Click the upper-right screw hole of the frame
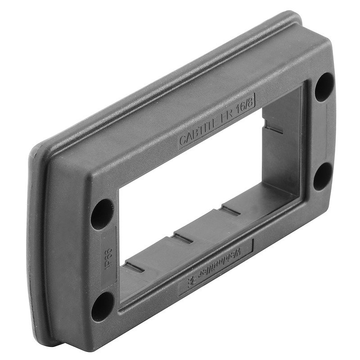tap(324, 86)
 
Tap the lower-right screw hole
tap(323, 176)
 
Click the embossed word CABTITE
tap(199, 132)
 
